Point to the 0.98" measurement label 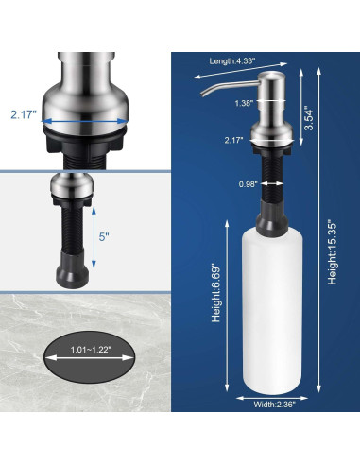[x=248, y=184]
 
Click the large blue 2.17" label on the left [x=23, y=114]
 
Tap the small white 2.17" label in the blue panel [x=234, y=140]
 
